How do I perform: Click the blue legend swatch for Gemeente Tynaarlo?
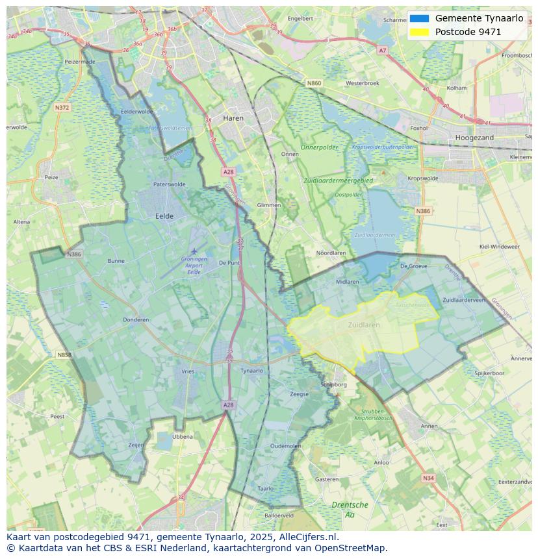pos(420,18)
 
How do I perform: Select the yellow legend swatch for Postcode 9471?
pos(420,32)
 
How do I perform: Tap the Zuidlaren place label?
pos(364,325)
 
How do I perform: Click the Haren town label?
pos(233,119)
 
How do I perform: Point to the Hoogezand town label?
pos(475,138)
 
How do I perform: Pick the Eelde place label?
pos(164,216)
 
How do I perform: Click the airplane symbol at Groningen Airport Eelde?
pos(194,251)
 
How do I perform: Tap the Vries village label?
pos(188,371)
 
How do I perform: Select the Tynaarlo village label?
pos(251,371)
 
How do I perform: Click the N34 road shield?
pos(428,478)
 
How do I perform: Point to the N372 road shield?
pos(62,107)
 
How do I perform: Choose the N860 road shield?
pos(314,83)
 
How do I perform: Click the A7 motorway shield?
pos(382,50)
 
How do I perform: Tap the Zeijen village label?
pos(136,445)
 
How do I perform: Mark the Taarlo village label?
pos(265,488)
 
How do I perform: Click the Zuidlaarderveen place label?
pos(464,300)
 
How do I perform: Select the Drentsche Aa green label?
pos(350,509)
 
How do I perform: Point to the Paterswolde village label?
pos(169,184)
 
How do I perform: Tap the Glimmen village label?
pos(269,205)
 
